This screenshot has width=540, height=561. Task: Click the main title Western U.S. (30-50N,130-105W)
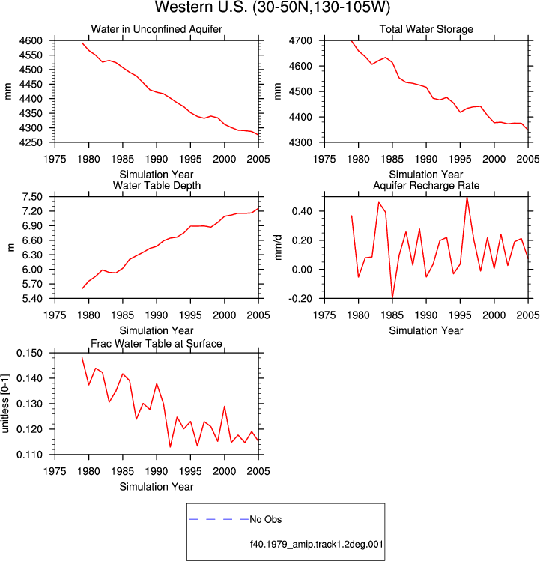(273, 7)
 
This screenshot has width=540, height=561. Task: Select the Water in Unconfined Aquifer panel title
(157, 29)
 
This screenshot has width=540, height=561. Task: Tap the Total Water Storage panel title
(426, 29)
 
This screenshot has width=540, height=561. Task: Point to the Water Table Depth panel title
(157, 185)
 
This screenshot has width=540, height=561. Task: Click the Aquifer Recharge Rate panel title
(426, 185)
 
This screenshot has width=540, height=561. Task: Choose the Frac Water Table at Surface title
(157, 344)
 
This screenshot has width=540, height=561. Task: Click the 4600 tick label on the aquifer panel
(31, 40)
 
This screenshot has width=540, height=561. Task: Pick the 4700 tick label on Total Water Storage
(300, 40)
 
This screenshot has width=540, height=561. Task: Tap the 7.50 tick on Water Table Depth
(32, 197)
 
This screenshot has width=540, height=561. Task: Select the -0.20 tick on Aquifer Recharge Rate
(302, 298)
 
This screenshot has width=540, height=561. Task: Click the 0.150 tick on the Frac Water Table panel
(29, 353)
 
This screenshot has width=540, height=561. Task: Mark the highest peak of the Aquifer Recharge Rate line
(467, 197)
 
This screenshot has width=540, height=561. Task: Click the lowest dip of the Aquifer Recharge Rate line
(392, 297)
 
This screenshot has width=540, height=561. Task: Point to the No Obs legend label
(266, 519)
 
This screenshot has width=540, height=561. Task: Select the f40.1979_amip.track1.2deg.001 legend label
(316, 545)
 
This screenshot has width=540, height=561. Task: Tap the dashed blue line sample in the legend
(219, 519)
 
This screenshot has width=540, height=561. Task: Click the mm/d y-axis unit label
(278, 247)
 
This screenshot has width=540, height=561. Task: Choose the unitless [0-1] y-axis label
(5, 404)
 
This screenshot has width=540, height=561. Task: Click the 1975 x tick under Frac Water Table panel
(55, 471)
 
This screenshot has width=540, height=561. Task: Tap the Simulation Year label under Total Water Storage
(426, 175)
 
